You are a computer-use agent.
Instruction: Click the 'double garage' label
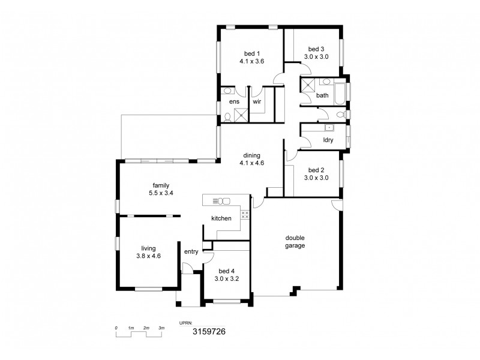[295, 241]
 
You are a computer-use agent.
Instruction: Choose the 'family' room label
[160, 185]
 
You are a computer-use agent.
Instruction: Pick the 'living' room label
[148, 247]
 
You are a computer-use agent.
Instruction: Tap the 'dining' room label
[251, 155]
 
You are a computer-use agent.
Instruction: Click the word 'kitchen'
[221, 218]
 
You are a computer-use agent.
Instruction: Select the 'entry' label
[191, 251]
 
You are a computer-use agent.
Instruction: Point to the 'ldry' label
[328, 140]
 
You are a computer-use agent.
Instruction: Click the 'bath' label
[322, 95]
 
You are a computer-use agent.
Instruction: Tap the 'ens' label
[234, 102]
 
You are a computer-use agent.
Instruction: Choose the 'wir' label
[257, 102]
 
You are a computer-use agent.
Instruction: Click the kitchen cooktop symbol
[245, 214]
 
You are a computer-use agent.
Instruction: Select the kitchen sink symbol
[221, 201]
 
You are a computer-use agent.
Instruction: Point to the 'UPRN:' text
[186, 322]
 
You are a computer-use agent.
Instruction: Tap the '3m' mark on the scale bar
[161, 328]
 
